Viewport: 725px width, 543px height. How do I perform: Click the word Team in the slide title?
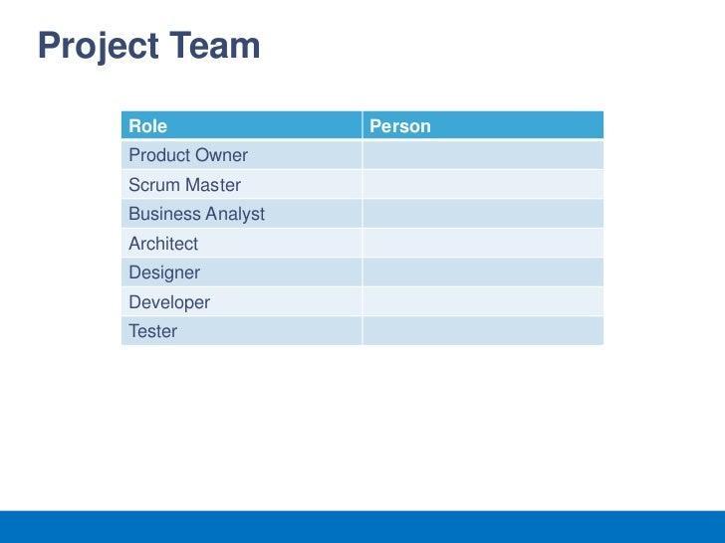point(213,46)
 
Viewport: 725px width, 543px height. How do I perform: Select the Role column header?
point(147,126)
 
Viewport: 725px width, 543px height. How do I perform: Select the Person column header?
point(400,126)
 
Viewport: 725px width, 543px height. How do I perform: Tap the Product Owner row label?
point(188,156)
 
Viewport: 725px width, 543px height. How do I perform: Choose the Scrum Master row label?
point(184,185)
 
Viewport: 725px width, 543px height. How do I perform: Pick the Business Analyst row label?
point(196,215)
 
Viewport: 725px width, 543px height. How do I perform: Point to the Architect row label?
point(163,244)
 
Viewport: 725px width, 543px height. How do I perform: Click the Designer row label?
point(164,272)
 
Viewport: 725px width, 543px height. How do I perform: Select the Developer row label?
point(169,302)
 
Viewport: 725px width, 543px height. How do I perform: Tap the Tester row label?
point(152,331)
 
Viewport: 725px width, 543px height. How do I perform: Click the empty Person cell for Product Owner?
point(482,156)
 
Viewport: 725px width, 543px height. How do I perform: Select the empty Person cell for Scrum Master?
point(482,185)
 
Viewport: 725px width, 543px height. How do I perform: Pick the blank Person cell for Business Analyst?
point(482,215)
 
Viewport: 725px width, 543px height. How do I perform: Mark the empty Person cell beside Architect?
point(482,244)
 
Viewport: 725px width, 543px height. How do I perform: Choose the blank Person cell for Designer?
point(482,272)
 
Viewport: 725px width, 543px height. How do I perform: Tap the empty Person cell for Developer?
point(482,302)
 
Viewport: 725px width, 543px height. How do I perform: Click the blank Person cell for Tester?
point(482,331)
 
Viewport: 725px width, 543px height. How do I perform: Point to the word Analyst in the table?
point(234,215)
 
